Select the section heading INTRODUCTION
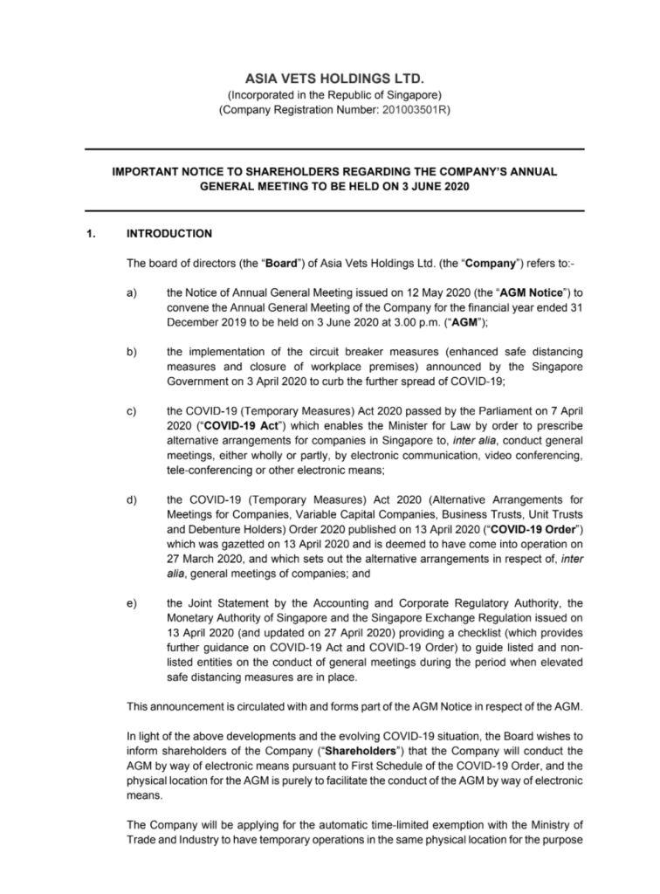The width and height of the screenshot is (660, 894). [x=169, y=234]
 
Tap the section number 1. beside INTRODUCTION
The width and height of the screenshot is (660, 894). [x=91, y=234]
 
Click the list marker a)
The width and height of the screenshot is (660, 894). [x=132, y=292]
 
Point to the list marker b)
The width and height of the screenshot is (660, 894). [x=132, y=352]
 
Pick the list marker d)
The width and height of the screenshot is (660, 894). [x=132, y=500]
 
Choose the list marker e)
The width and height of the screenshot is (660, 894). [x=132, y=602]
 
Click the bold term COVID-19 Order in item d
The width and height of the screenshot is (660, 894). [x=536, y=530]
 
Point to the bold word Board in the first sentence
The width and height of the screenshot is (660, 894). [x=281, y=263]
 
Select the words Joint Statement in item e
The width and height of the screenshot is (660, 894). [x=230, y=602]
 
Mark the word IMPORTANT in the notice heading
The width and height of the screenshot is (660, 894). [x=144, y=172]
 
